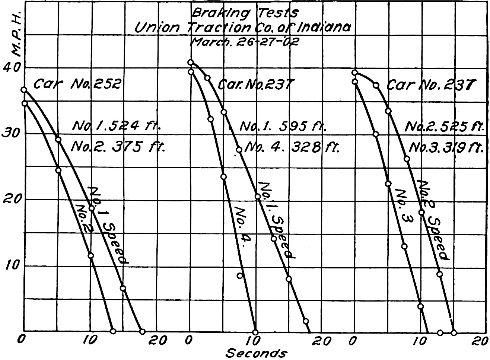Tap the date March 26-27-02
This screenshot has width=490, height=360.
tap(244, 41)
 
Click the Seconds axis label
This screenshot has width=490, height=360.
tap(257, 353)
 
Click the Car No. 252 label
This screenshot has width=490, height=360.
tap(77, 84)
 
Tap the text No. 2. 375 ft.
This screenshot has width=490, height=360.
tap(118, 147)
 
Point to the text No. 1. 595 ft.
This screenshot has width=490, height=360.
tap(283, 127)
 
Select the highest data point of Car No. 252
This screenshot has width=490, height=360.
tap(24, 90)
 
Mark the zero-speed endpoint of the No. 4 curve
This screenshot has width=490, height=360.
tap(255, 332)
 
